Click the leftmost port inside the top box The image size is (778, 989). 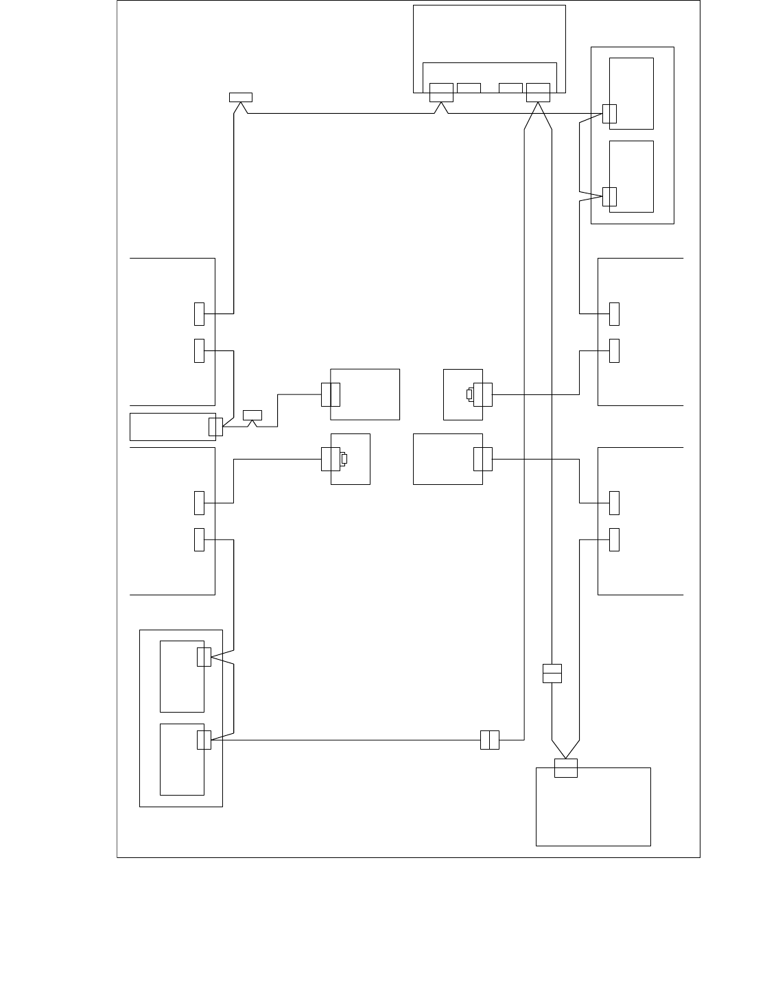(x=441, y=92)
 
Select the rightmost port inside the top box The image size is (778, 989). (x=538, y=92)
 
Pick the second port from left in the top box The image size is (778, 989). (x=469, y=88)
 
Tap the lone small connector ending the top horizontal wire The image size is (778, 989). (x=240, y=97)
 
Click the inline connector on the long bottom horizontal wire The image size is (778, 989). (x=489, y=740)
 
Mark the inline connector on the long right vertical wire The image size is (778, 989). (x=552, y=673)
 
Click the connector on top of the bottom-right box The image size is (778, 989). (x=565, y=768)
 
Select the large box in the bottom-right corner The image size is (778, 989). (x=593, y=809)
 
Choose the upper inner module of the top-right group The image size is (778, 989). (x=631, y=93)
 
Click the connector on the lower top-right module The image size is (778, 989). (x=609, y=196)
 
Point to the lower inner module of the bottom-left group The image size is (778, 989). (x=182, y=759)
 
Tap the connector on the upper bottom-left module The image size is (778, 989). (x=204, y=656)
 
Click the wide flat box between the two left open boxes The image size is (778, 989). (x=172, y=427)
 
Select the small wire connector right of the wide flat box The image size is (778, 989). (x=252, y=415)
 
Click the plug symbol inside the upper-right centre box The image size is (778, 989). (x=469, y=394)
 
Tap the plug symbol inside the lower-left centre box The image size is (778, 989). (x=344, y=459)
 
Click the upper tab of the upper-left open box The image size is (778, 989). (x=199, y=313)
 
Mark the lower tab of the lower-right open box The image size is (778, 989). (x=614, y=540)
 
